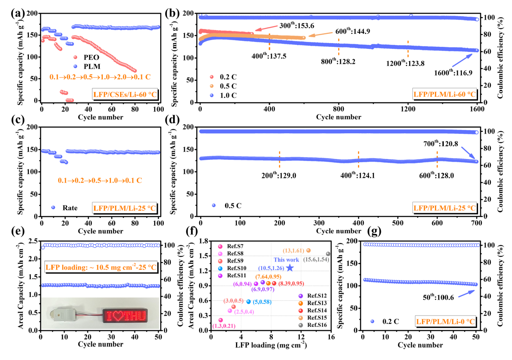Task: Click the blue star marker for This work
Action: (x=290, y=268)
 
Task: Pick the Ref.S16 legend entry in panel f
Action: (x=316, y=325)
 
